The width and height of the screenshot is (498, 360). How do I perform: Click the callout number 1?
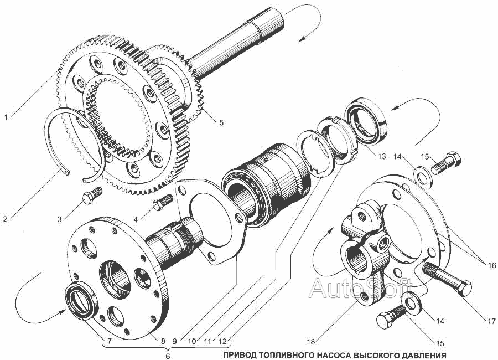[6, 117]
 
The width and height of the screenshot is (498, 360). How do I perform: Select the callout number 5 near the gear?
[221, 122]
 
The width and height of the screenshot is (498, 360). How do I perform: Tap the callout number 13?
[382, 156]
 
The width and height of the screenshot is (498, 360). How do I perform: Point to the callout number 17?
[491, 321]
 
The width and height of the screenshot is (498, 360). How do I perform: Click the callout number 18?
[311, 342]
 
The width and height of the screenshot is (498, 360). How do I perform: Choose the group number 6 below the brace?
[168, 356]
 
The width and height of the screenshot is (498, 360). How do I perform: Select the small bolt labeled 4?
[163, 202]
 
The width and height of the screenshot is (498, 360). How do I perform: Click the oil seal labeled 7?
[81, 300]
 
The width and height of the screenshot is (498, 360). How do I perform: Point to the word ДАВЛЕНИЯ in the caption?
[427, 355]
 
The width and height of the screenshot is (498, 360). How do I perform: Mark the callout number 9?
[174, 342]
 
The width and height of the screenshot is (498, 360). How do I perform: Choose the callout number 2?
[6, 219]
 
